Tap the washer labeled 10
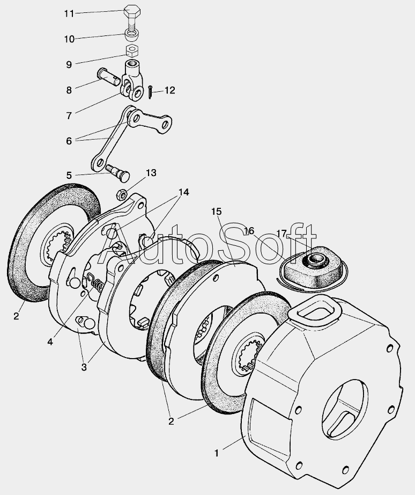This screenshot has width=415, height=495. (x=131, y=36)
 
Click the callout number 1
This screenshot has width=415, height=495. (x=217, y=454)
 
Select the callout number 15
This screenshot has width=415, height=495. (x=216, y=212)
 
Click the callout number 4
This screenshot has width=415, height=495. (x=50, y=341)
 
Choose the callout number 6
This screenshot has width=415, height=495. (x=69, y=141)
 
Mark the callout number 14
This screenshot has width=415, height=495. (x=184, y=192)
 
